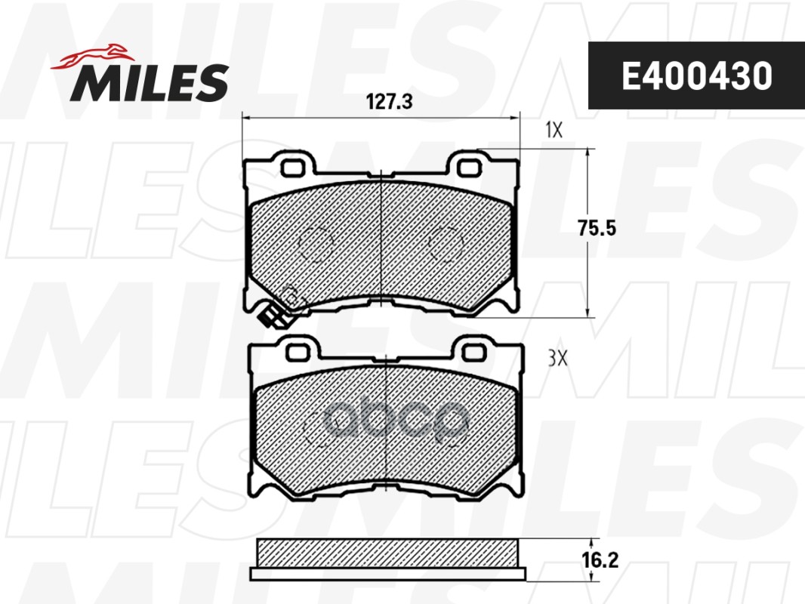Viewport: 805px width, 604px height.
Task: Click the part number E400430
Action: (x=696, y=76)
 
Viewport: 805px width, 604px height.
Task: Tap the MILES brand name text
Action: (x=150, y=82)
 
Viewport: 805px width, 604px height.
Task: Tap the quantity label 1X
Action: (x=554, y=131)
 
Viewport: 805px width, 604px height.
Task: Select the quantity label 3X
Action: (x=557, y=359)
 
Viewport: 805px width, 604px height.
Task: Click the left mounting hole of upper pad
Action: (x=293, y=167)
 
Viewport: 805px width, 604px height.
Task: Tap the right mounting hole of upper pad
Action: (x=471, y=166)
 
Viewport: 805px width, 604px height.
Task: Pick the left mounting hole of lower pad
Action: (x=298, y=351)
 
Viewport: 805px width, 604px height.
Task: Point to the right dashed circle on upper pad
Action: (x=446, y=242)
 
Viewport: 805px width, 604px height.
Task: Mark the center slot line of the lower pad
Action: (x=386, y=423)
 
